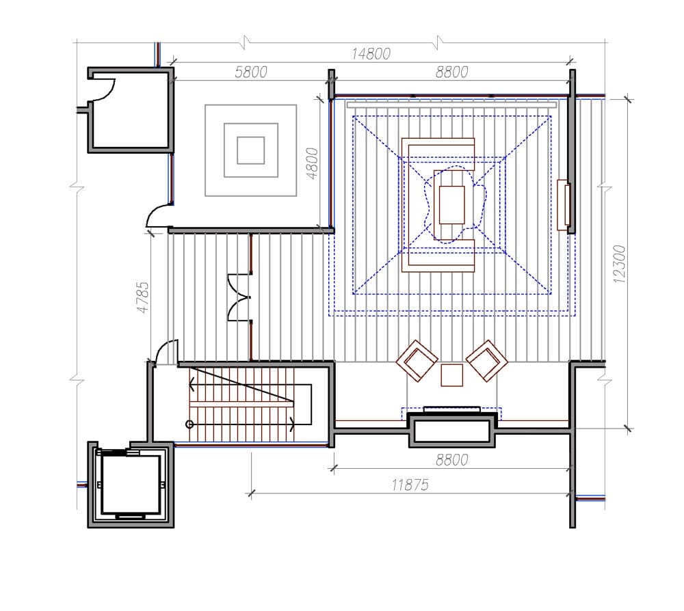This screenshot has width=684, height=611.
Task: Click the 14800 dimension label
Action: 371,54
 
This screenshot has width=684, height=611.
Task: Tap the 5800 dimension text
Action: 251,72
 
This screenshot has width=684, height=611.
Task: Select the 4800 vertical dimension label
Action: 313,163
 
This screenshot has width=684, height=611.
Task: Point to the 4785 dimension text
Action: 143,297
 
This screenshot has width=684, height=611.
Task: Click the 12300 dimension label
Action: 619,264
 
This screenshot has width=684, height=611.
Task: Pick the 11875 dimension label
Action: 410,485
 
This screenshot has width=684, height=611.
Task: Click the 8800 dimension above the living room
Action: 452,72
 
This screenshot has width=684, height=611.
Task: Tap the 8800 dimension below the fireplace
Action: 452,460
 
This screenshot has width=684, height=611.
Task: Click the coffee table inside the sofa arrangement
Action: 452,205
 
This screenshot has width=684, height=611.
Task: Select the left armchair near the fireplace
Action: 417,361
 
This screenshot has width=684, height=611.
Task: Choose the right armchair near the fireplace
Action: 487,361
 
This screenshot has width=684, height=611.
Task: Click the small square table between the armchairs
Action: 452,375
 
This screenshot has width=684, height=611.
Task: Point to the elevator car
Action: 131,485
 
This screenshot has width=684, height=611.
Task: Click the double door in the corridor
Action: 239,298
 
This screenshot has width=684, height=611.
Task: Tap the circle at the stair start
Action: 189,424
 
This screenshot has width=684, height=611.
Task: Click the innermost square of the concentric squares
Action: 251,150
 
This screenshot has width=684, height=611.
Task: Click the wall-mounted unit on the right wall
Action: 564,205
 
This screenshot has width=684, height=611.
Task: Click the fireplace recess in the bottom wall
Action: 452,431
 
